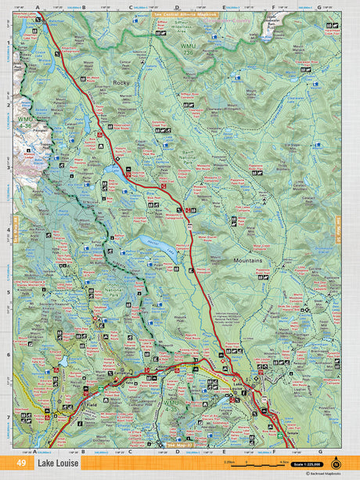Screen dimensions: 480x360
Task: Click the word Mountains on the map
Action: [x=247, y=259]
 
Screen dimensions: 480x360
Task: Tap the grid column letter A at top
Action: [x=37, y=7]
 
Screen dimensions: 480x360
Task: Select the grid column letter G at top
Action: [x=319, y=7]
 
